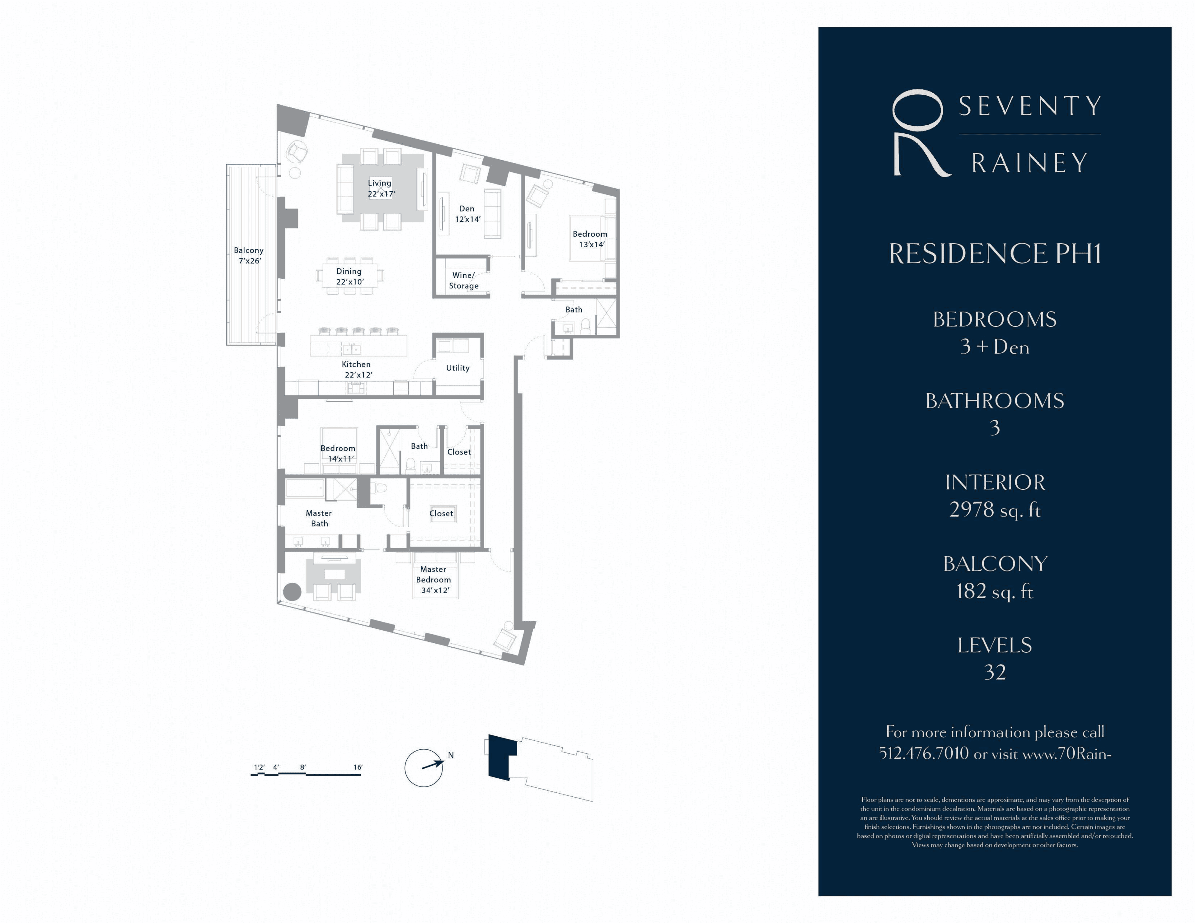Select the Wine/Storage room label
[x=463, y=280]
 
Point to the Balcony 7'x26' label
[x=249, y=255]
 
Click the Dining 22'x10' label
[x=349, y=276]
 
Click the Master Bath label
[x=319, y=518]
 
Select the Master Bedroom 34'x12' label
[x=434, y=580]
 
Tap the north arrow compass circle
[x=424, y=768]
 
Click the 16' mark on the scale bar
[x=358, y=767]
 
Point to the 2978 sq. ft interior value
[x=995, y=510]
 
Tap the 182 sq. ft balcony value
[x=995, y=591]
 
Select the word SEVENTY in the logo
[x=1030, y=106]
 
